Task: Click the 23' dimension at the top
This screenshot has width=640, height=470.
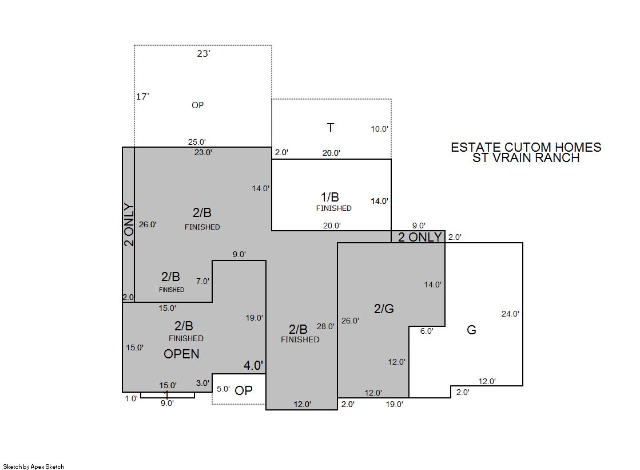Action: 203,54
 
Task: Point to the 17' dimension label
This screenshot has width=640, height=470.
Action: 142,96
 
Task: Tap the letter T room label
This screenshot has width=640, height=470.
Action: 331,128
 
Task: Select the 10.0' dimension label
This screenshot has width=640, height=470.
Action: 379,129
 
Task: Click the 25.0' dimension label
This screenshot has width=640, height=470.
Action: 197,142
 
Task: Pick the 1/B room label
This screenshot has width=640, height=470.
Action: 330,197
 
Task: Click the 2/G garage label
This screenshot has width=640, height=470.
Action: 384,309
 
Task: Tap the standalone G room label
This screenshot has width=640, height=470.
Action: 471,330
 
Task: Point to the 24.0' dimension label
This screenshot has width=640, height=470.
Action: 510,314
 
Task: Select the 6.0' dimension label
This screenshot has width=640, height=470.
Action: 427,331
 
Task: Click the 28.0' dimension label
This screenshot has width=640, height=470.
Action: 325,326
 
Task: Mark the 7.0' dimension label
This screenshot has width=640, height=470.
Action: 202,281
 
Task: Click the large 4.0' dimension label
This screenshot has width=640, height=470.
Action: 253,365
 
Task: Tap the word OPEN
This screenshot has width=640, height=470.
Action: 182,354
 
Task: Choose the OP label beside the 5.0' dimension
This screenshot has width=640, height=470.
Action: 244,391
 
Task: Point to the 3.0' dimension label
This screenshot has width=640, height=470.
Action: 202,384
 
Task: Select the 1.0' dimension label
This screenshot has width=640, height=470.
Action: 132,399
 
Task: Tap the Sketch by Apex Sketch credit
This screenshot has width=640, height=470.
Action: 34,467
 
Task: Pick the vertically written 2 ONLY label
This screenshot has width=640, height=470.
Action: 129,225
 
